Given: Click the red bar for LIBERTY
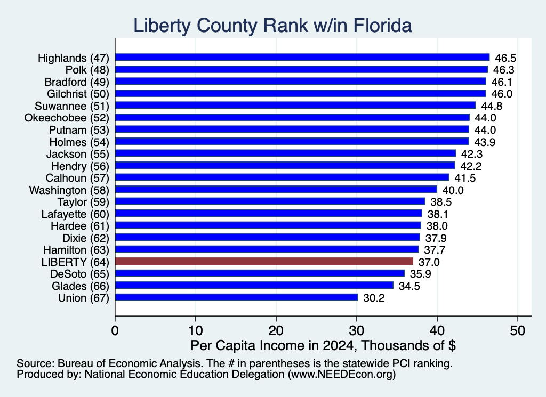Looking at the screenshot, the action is click(x=264, y=261).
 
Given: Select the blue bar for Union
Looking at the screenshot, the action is click(x=236, y=297).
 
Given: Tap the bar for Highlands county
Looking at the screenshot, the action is click(x=302, y=58).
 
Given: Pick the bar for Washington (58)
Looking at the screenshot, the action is click(x=276, y=190).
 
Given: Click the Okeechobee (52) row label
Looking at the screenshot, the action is click(x=67, y=118).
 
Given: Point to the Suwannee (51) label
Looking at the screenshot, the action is click(x=72, y=106).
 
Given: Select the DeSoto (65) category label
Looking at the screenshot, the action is click(x=79, y=274).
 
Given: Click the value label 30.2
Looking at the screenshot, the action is click(x=374, y=298).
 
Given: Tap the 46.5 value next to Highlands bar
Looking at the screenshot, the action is click(x=505, y=58).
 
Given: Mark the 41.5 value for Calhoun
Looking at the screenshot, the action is click(x=465, y=178).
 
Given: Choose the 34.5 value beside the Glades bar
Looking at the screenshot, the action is click(x=409, y=286).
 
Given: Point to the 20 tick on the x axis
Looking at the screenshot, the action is click(x=276, y=330).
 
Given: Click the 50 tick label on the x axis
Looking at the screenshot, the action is click(x=518, y=330).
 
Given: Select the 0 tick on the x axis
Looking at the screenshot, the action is click(x=115, y=330).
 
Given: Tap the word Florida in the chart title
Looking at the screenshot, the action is click(x=383, y=26).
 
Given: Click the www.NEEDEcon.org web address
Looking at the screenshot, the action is click(x=342, y=374).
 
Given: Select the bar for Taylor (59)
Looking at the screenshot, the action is click(x=270, y=201).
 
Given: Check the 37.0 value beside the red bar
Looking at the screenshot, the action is click(x=429, y=262).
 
